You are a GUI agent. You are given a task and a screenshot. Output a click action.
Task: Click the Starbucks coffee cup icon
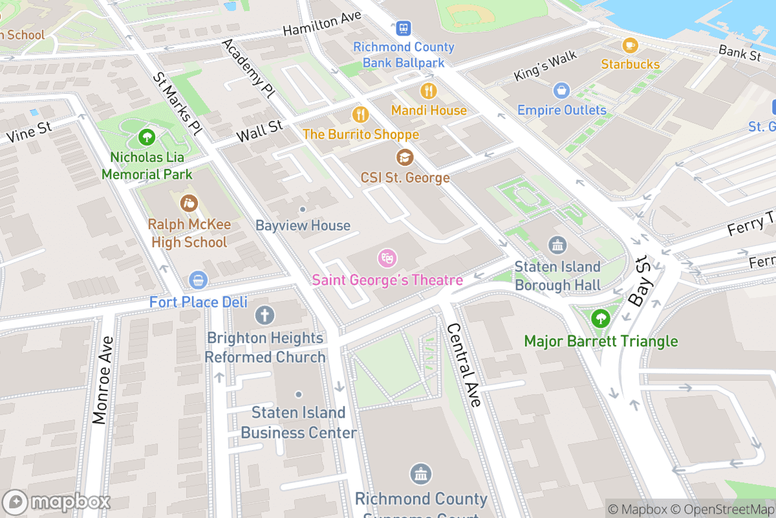[x=630, y=45]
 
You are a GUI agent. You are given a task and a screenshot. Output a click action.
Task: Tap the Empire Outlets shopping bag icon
[x=561, y=90]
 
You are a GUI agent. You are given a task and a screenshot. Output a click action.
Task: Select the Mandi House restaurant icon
[x=428, y=90]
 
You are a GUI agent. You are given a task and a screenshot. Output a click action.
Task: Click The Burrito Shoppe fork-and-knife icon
[x=360, y=115]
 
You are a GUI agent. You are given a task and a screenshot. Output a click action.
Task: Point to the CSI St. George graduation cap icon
[x=405, y=157]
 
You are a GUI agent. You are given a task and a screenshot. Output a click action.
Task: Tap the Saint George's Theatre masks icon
[x=387, y=259]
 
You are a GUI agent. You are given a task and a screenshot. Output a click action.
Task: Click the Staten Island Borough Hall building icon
[x=557, y=245]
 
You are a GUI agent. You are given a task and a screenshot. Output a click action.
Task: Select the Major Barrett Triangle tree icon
[x=601, y=319]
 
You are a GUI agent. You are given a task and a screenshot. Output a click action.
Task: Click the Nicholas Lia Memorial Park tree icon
[x=147, y=137]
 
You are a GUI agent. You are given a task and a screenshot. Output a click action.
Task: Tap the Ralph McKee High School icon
[x=189, y=204]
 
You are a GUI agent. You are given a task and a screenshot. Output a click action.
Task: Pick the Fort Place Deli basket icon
[x=198, y=280]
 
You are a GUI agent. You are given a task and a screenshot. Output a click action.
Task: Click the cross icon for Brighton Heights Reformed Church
[x=264, y=316]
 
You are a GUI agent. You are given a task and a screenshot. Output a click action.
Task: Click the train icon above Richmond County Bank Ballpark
[x=404, y=28]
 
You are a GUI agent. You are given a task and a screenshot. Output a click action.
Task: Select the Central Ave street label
[x=464, y=365]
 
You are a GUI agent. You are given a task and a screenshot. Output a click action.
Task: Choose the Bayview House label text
[x=303, y=225]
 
